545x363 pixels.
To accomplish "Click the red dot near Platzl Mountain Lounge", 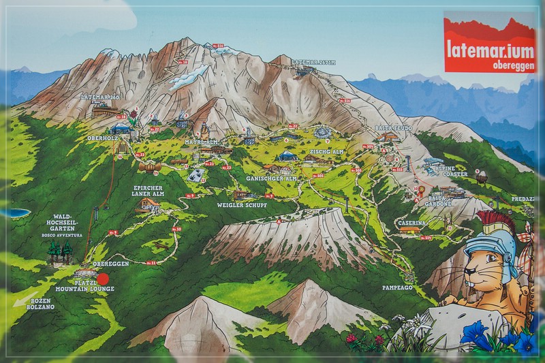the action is click(x=103, y=278).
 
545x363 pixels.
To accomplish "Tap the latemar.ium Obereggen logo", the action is click(x=489, y=43).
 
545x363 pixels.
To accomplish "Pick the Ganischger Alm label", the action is click(x=272, y=178).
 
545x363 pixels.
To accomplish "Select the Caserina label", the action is click(x=412, y=223).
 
